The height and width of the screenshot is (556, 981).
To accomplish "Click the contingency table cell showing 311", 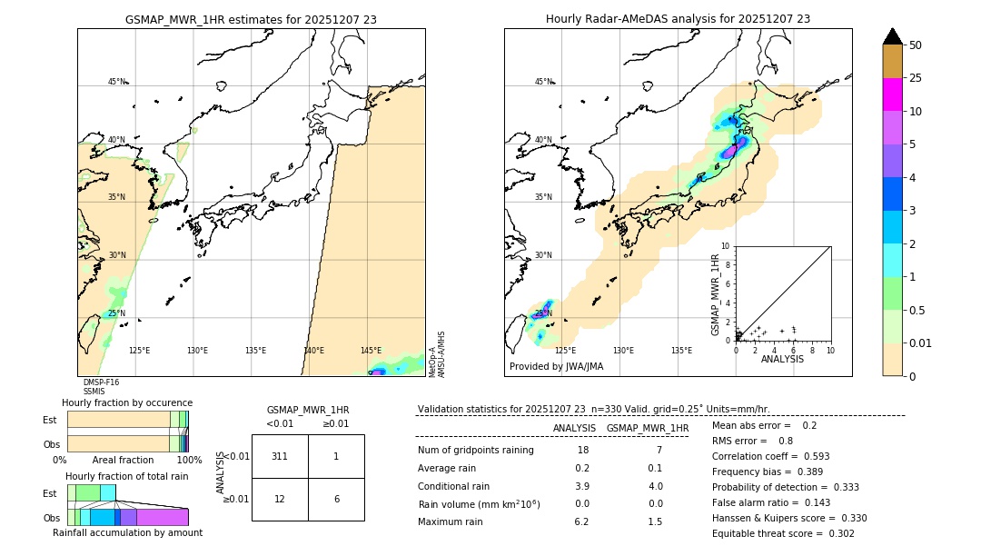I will (x=280, y=456).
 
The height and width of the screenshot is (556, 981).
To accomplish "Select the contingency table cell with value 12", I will (x=280, y=499).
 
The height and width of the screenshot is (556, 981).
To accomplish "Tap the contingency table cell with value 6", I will (x=336, y=499).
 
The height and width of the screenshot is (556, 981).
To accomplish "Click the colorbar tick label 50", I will (x=916, y=45).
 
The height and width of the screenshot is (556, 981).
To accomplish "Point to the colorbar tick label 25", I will (x=916, y=78).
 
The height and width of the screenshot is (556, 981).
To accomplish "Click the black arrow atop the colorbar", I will (x=893, y=36).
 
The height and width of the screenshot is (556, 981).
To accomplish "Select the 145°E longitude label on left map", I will (x=371, y=351).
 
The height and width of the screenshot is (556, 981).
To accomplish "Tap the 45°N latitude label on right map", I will (x=543, y=82).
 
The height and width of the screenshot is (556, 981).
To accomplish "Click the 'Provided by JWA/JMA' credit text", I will (x=556, y=367).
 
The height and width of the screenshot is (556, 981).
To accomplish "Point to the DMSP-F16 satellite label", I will (x=101, y=382).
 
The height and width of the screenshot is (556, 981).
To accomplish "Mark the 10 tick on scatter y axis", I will (x=726, y=246).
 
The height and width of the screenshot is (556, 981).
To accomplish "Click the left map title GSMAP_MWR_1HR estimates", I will (x=251, y=19).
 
